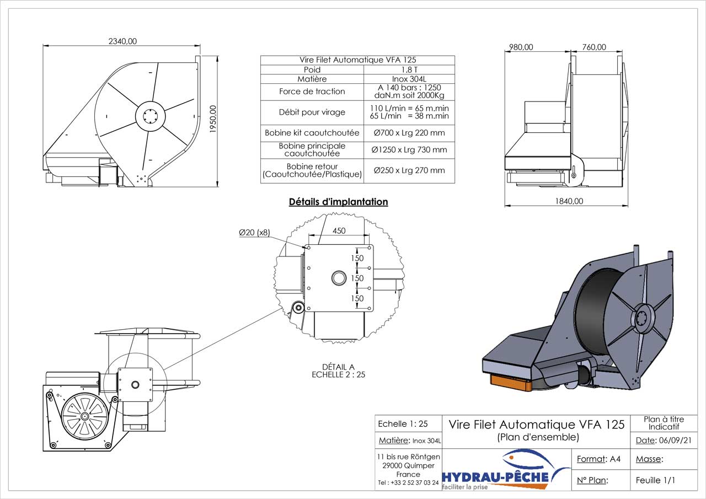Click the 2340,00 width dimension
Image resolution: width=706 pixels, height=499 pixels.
pyautogui.click(x=122, y=41)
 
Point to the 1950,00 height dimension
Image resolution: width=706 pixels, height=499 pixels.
pyautogui.click(x=213, y=119)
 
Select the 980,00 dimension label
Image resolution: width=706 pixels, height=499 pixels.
pyautogui.click(x=521, y=47)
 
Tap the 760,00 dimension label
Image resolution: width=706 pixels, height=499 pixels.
pyautogui.click(x=594, y=47)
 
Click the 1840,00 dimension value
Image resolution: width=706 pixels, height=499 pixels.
pyautogui.click(x=569, y=201)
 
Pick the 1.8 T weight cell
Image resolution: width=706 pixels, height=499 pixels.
pyautogui.click(x=409, y=69)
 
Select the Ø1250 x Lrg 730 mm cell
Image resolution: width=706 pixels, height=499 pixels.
pyautogui.click(x=409, y=150)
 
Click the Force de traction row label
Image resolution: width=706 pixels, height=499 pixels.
pyautogui.click(x=312, y=92)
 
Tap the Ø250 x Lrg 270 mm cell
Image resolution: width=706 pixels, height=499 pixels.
pyautogui.click(x=409, y=170)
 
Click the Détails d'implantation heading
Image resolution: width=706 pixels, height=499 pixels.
pyautogui.click(x=339, y=202)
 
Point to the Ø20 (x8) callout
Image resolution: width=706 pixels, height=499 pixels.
pyautogui.click(x=254, y=233)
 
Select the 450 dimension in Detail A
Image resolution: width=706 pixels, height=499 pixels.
pyautogui.click(x=339, y=231)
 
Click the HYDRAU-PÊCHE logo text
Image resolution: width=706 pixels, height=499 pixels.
pyautogui.click(x=496, y=476)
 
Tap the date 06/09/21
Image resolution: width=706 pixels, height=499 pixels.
pyautogui.click(x=675, y=441)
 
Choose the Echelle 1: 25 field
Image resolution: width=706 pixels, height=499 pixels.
pyautogui.click(x=403, y=424)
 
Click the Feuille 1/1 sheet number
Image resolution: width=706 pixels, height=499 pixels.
pyautogui.click(x=655, y=480)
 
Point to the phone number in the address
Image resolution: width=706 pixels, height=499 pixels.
pyautogui.click(x=408, y=482)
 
